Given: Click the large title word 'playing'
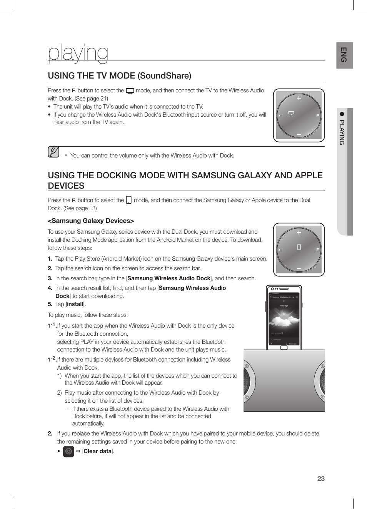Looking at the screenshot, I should [x=78, y=53].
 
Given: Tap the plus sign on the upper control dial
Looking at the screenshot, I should [x=299, y=98].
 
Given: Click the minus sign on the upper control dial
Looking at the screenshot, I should [x=299, y=134].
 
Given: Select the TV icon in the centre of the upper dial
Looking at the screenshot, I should [x=291, y=113].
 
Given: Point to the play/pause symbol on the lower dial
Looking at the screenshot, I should [x=280, y=250].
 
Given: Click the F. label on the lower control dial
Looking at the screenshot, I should [x=318, y=250].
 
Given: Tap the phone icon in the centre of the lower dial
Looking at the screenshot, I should [x=299, y=247].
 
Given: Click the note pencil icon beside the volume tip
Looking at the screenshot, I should [x=53, y=152].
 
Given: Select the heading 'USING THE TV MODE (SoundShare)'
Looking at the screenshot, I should [x=119, y=75].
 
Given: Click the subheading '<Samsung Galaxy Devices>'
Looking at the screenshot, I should [x=91, y=221].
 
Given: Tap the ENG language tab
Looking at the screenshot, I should [x=344, y=55].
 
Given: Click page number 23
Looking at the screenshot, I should [x=321, y=479].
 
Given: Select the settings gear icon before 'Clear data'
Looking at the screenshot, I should [x=68, y=451].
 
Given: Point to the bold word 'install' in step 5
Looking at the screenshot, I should [x=75, y=304].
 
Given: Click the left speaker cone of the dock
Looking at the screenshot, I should [x=247, y=381].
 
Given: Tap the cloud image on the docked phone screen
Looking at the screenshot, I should [x=284, y=320].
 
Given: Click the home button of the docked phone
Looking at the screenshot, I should [x=284, y=348].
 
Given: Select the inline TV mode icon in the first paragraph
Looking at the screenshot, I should [x=130, y=91].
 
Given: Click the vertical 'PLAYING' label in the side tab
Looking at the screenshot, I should [x=342, y=132].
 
